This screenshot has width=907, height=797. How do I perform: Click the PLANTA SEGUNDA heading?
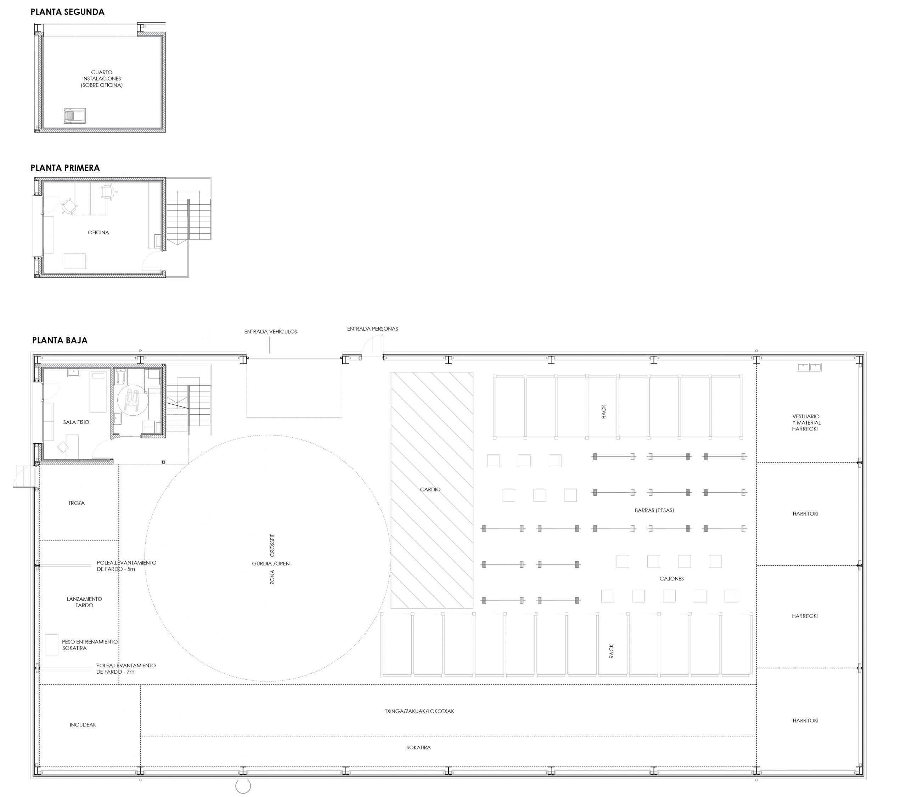click(x=67, y=12)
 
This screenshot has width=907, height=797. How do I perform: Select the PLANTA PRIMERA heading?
click(x=65, y=168)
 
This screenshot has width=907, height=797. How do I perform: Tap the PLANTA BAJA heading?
click(x=60, y=340)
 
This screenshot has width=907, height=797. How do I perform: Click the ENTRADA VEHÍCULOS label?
click(x=271, y=331)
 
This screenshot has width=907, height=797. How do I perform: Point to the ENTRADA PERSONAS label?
click(x=373, y=329)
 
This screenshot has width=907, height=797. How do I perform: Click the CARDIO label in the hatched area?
click(x=430, y=489)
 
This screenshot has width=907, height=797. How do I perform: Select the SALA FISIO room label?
click(x=76, y=422)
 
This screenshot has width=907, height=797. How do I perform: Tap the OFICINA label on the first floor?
click(x=98, y=232)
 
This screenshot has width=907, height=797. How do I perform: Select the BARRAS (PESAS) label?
click(x=654, y=510)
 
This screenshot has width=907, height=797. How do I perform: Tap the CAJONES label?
click(x=672, y=579)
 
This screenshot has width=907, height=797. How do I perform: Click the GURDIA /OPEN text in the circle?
click(x=271, y=563)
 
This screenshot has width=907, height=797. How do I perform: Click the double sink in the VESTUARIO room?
click(x=809, y=367)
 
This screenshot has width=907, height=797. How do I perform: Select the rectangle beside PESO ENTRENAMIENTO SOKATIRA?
click(x=52, y=645)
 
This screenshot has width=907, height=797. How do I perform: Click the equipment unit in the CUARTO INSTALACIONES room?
click(x=74, y=116)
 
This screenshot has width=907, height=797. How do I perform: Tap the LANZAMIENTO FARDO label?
click(x=84, y=602)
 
